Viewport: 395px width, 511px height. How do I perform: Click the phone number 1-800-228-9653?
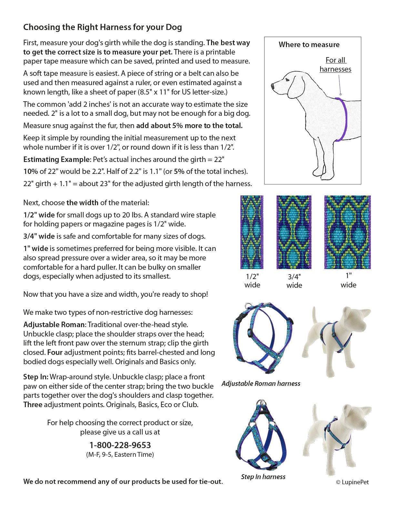coord(120,445)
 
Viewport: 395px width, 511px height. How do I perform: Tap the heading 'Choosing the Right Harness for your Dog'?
coord(102,27)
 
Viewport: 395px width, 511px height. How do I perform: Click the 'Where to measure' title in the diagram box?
coord(309,45)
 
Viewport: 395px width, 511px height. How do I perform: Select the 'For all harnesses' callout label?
coord(335,65)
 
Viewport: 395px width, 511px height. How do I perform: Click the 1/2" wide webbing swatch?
coord(252,232)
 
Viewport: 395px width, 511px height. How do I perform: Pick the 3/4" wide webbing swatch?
coord(294,232)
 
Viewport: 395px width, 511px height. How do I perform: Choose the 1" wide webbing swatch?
coord(347,232)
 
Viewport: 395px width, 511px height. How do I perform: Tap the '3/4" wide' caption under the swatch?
coord(294,281)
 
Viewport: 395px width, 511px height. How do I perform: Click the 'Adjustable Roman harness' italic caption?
coord(261,384)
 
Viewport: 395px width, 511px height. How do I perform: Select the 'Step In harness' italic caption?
coord(263,477)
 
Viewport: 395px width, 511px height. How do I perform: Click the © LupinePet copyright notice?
coord(352,482)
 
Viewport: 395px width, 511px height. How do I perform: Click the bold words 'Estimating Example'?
coord(57,160)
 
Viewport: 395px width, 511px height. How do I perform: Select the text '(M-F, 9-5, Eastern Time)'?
coord(120,455)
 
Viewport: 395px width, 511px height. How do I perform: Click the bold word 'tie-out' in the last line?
coord(210,482)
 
